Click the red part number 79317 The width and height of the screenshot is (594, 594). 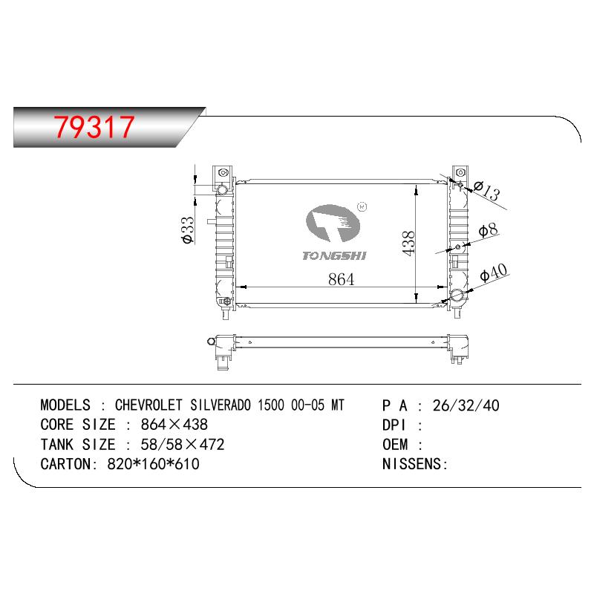pyautogui.click(x=94, y=126)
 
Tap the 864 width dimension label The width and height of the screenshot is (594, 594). pyautogui.click(x=342, y=280)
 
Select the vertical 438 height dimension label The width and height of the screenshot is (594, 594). pyautogui.click(x=409, y=244)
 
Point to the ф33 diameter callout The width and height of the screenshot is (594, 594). pyautogui.click(x=188, y=230)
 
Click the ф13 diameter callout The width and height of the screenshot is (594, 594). pyautogui.click(x=487, y=191)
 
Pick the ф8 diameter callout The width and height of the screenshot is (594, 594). pyautogui.click(x=488, y=230)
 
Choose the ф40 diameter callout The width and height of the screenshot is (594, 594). pyautogui.click(x=493, y=272)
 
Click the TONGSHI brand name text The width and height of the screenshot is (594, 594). pyautogui.click(x=335, y=256)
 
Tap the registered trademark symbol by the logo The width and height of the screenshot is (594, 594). pyautogui.click(x=362, y=207)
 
